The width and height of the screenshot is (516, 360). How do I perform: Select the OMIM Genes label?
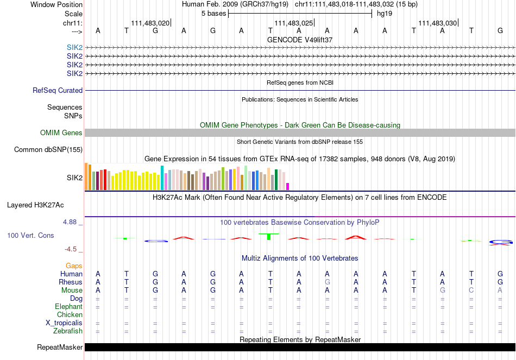(61, 133)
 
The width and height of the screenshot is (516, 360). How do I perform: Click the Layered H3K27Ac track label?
(35, 205)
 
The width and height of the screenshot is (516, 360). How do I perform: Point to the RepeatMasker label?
(60, 348)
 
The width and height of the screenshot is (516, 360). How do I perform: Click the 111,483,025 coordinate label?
(294, 23)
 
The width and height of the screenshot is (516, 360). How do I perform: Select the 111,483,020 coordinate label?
(150, 23)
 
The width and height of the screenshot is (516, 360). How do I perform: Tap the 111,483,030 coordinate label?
(437, 23)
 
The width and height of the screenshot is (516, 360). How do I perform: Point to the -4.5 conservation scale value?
(72, 249)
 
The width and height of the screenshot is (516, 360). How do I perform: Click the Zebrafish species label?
(68, 331)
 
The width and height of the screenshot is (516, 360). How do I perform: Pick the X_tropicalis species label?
(64, 323)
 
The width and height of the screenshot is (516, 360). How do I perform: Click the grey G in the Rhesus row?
(327, 282)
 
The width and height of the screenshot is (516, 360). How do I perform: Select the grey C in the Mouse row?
(471, 290)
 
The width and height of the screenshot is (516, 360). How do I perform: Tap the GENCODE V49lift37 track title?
(300, 40)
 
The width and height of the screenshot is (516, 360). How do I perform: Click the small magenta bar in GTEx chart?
(288, 186)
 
